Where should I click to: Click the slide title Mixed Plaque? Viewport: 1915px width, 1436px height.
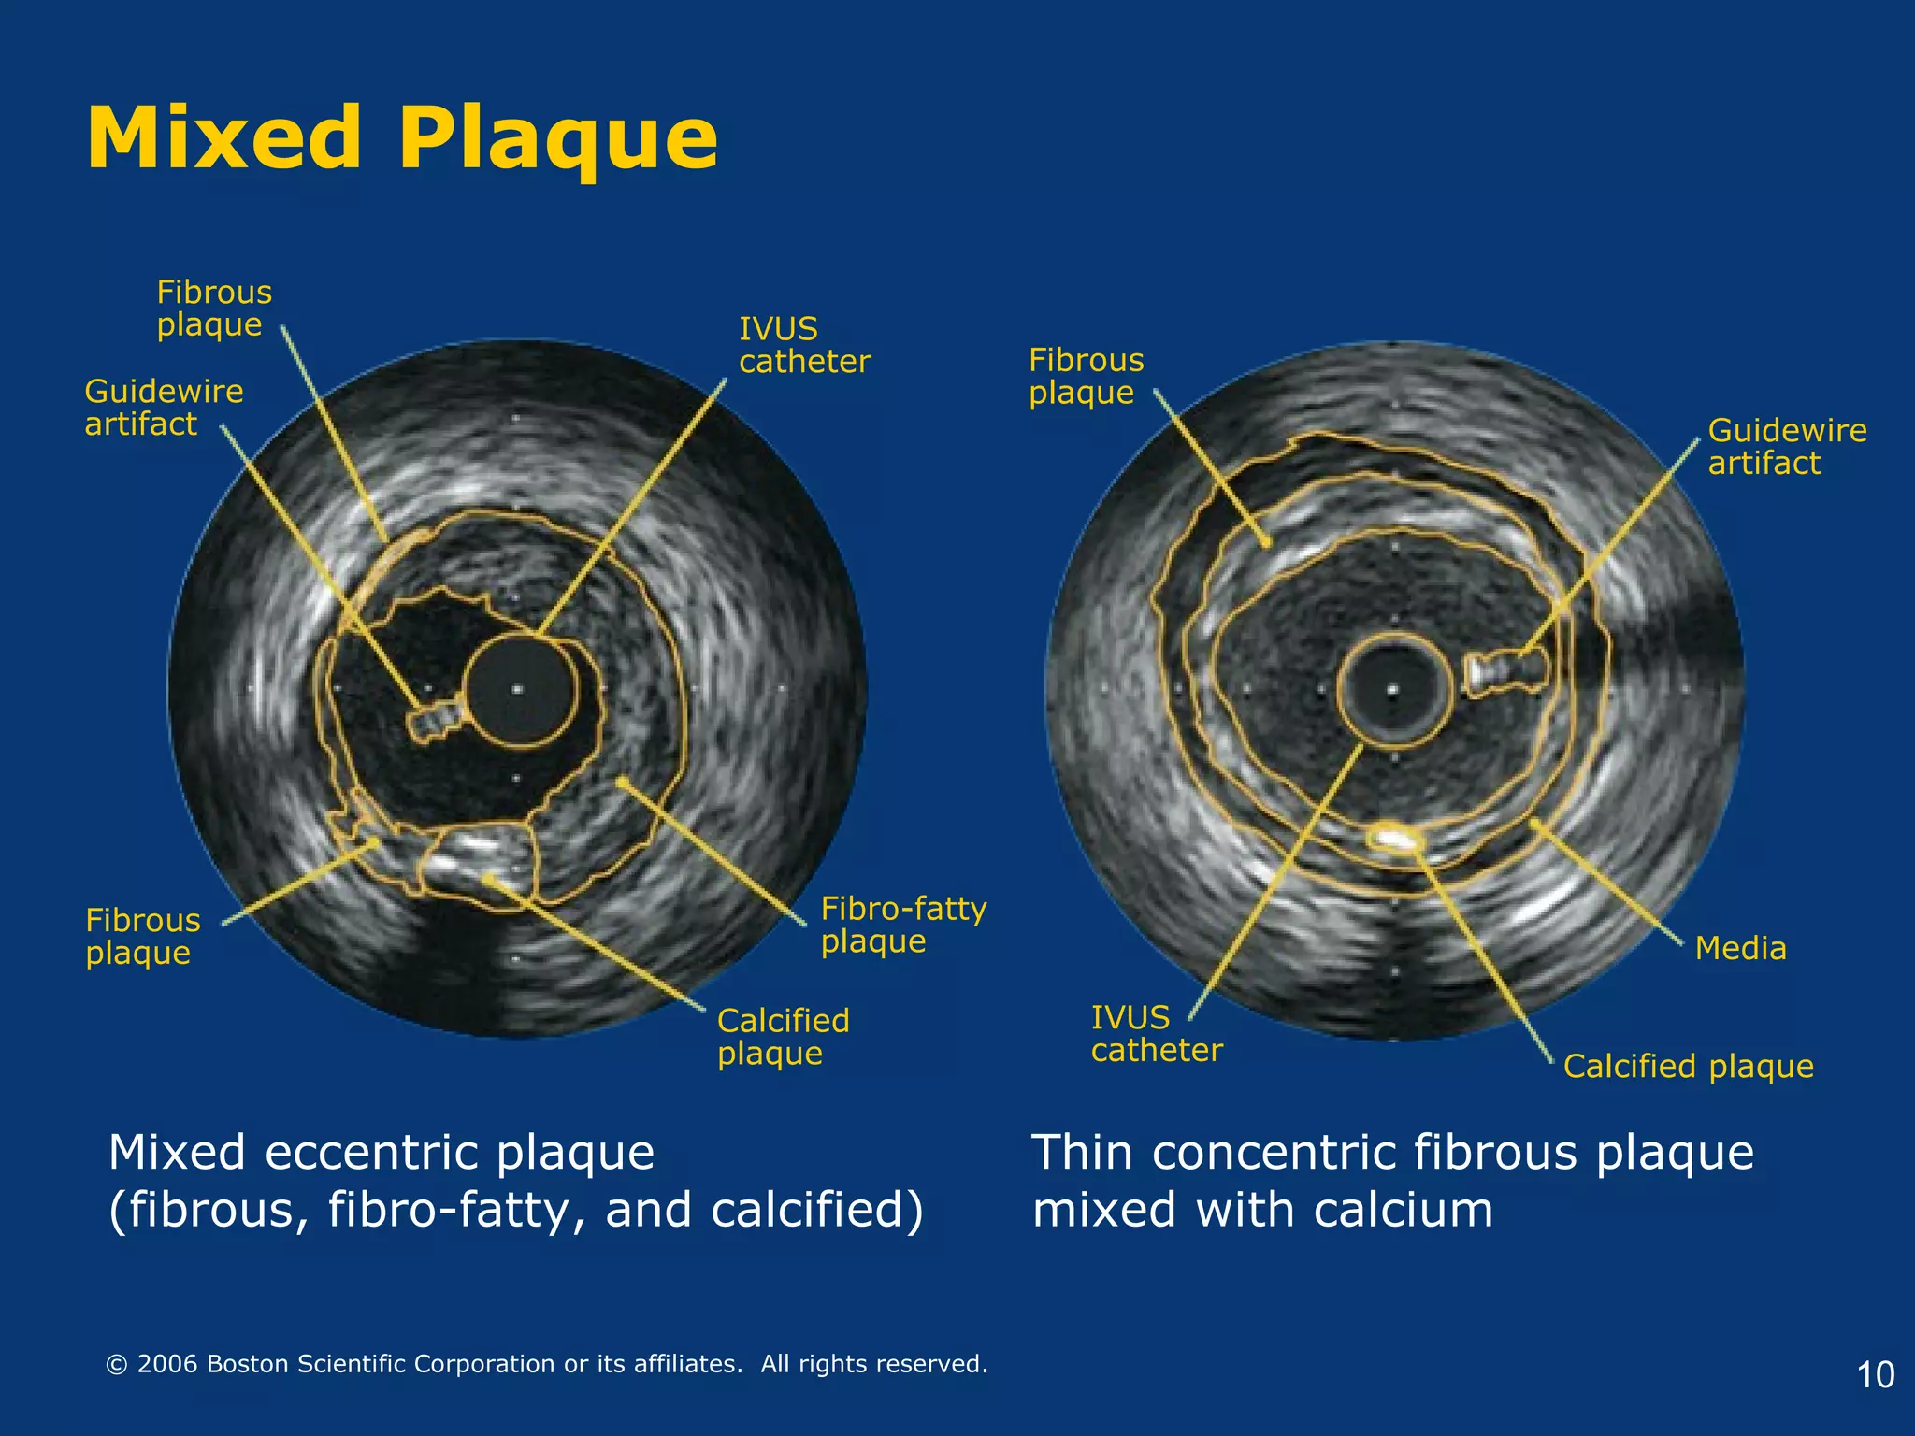(x=402, y=138)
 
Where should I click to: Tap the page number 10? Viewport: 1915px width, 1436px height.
(x=1875, y=1374)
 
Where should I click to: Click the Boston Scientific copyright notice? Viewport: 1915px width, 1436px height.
(x=547, y=1364)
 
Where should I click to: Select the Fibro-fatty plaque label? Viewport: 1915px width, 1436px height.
(x=903, y=924)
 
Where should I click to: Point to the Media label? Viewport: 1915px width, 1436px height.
(x=1740, y=948)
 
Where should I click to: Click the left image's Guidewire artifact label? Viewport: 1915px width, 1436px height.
(x=164, y=407)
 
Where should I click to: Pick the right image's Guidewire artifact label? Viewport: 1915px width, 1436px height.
(x=1787, y=446)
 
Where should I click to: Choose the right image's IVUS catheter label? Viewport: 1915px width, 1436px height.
(x=1156, y=1033)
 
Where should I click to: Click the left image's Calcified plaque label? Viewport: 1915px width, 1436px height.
(x=783, y=1036)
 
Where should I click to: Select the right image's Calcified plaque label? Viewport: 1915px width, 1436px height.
(x=1688, y=1066)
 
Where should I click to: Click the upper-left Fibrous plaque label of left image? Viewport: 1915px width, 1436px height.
(x=214, y=308)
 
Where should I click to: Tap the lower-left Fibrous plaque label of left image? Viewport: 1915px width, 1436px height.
(x=142, y=936)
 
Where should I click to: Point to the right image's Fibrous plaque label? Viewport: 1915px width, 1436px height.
(x=1086, y=376)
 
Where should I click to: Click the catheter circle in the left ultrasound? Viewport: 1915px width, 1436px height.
(x=518, y=690)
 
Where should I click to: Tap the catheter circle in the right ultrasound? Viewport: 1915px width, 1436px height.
(x=1393, y=690)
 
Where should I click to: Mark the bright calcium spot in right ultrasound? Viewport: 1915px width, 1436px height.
(x=1392, y=837)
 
